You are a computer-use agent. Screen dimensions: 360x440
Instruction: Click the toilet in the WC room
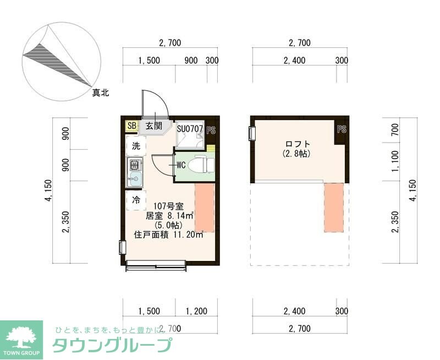(200, 165)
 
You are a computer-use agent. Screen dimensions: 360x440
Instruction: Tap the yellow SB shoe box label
(131, 126)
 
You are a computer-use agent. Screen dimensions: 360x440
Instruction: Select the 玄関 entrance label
(153, 126)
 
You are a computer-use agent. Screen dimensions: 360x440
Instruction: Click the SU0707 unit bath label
(190, 129)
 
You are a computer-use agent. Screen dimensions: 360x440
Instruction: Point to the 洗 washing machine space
(136, 146)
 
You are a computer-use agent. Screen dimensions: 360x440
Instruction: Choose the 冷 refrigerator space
(136, 201)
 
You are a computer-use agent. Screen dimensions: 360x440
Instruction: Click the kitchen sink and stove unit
(135, 171)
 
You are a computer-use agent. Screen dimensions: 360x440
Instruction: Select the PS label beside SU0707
(211, 130)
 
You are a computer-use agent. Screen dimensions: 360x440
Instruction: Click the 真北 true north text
(101, 93)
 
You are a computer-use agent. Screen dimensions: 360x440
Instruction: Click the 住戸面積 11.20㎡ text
(168, 234)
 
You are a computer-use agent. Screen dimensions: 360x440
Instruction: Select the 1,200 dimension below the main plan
(196, 312)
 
